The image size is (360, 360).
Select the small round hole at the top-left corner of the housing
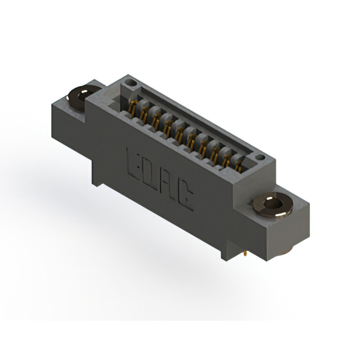(x=131, y=83)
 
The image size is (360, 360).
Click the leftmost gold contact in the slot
(x=133, y=106)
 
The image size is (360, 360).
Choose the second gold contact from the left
(x=144, y=113)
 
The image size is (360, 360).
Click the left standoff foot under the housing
(x=98, y=179)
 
